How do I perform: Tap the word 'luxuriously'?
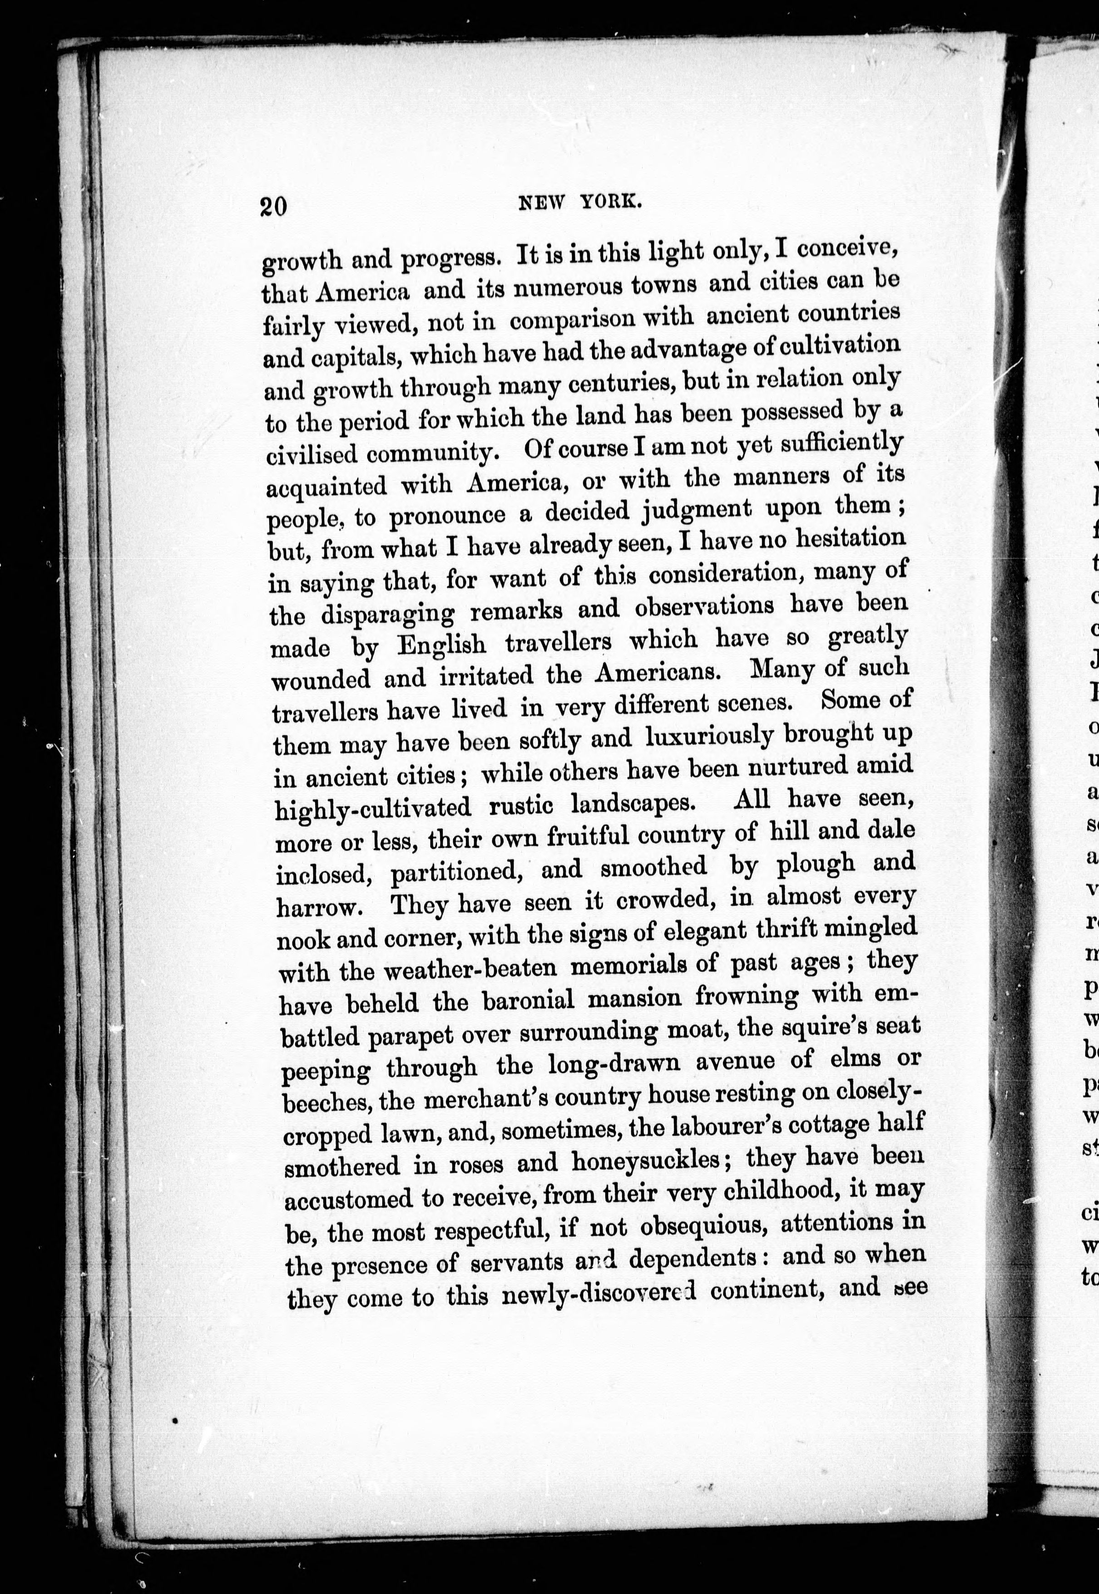[x=709, y=737]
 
